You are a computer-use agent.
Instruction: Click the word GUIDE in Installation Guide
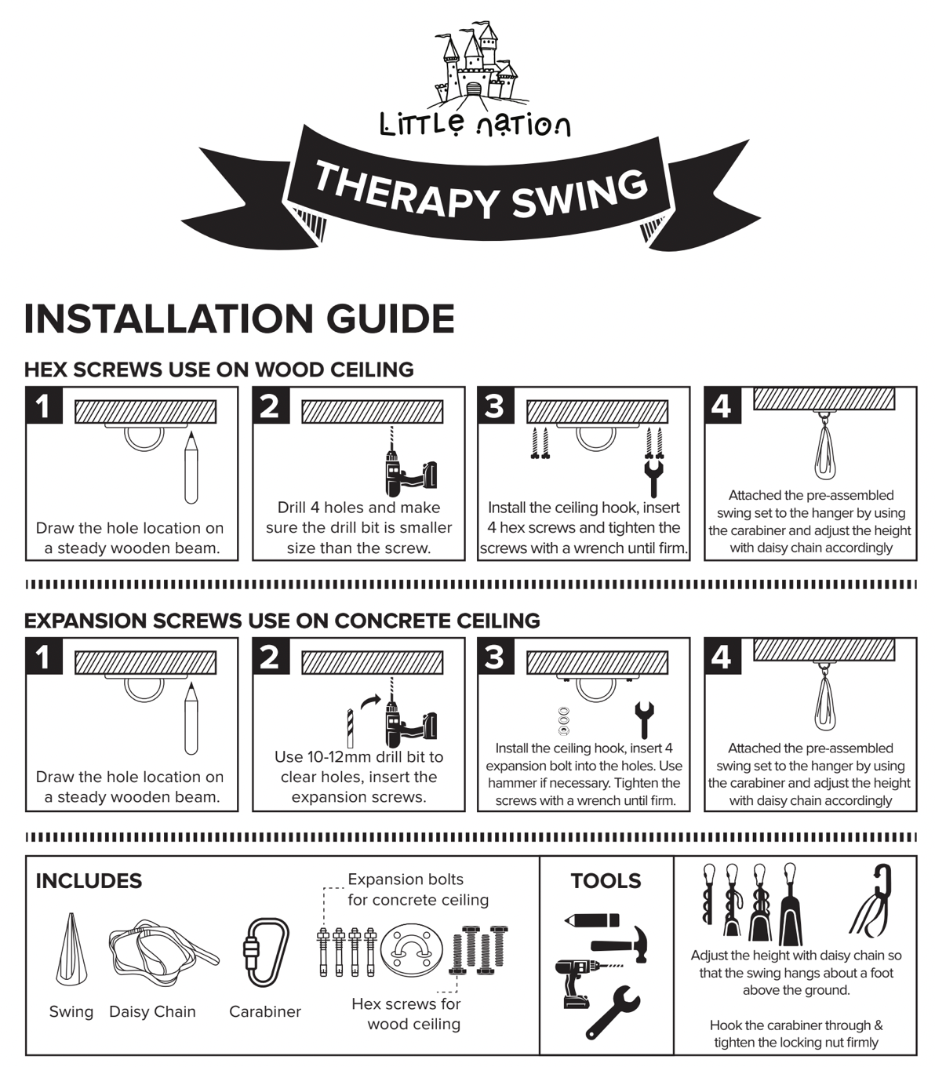click(390, 319)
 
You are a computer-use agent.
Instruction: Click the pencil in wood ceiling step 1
click(191, 467)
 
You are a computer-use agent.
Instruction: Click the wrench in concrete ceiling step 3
click(644, 720)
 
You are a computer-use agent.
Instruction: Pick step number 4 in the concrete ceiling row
click(721, 657)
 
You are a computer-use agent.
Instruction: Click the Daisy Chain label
click(152, 1012)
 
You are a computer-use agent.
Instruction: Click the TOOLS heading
click(606, 881)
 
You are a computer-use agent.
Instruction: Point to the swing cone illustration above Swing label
click(71, 949)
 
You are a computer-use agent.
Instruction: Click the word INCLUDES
click(89, 881)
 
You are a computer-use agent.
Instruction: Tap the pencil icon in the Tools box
click(591, 920)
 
